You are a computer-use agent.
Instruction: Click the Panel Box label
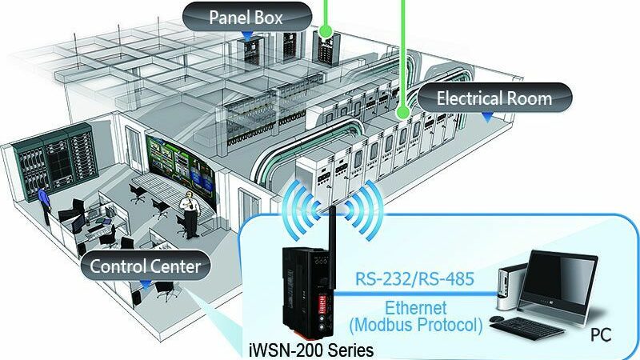(x=246, y=18)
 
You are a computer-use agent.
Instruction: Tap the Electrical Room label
(x=494, y=98)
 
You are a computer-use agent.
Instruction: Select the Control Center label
(x=146, y=266)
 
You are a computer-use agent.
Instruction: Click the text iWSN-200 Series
(x=311, y=350)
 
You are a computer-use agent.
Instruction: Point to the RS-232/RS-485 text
(x=414, y=279)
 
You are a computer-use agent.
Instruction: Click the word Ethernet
(x=415, y=308)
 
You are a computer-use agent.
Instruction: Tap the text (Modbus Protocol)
(x=416, y=326)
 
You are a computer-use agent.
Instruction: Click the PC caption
(x=601, y=335)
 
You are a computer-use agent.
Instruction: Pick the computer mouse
(x=496, y=318)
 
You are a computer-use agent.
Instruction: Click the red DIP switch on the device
(x=322, y=304)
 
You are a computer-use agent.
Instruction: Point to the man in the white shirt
(x=190, y=214)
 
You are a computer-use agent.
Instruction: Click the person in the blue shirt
(x=44, y=203)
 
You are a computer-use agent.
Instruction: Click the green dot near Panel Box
(x=326, y=30)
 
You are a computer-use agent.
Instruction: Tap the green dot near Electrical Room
(x=403, y=112)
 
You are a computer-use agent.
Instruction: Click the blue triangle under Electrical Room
(x=487, y=118)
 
